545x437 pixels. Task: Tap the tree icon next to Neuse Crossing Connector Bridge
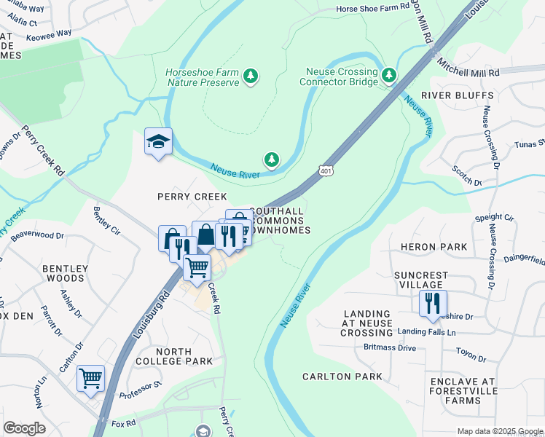[x=389, y=75]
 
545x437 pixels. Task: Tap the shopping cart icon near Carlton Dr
[x=90, y=378]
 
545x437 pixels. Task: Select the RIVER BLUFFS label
[x=457, y=95]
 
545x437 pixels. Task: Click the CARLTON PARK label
[x=342, y=377]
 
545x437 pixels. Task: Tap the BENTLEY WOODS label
[x=63, y=273]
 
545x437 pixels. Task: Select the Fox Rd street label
[x=124, y=422]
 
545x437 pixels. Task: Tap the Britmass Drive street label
[x=390, y=348]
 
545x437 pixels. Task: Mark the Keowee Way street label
[x=50, y=33]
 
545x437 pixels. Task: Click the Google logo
[x=24, y=428]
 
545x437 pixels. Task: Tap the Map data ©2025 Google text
[x=499, y=431]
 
